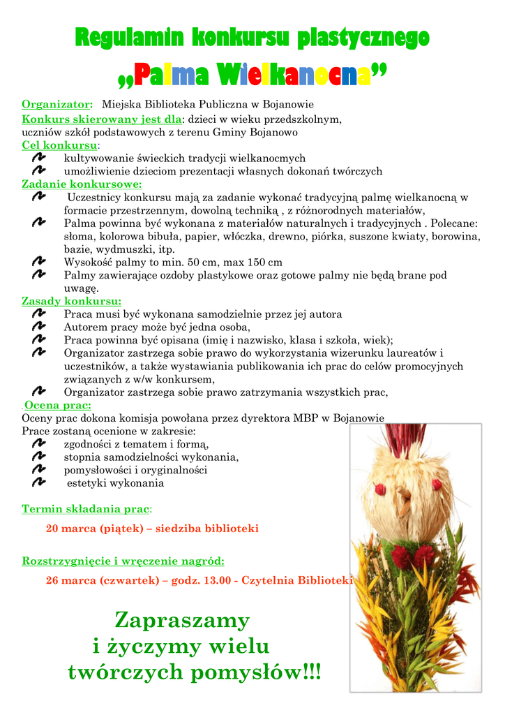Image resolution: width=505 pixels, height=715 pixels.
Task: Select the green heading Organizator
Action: pyautogui.click(x=57, y=104)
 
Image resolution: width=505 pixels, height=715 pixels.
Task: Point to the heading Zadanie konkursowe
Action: pyautogui.click(x=82, y=184)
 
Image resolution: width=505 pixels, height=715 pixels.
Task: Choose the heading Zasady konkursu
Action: pyautogui.click(x=71, y=302)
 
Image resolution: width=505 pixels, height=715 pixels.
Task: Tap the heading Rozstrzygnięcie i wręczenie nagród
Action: pyautogui.click(x=123, y=561)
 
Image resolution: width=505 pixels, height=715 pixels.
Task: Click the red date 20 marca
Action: pyautogui.click(x=71, y=529)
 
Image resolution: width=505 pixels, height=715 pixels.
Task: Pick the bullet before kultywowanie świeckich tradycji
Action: pyautogui.click(x=39, y=159)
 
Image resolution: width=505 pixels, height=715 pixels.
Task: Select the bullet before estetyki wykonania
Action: pyautogui.click(x=39, y=482)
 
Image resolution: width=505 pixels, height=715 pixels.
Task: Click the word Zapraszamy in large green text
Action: pyautogui.click(x=181, y=619)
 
